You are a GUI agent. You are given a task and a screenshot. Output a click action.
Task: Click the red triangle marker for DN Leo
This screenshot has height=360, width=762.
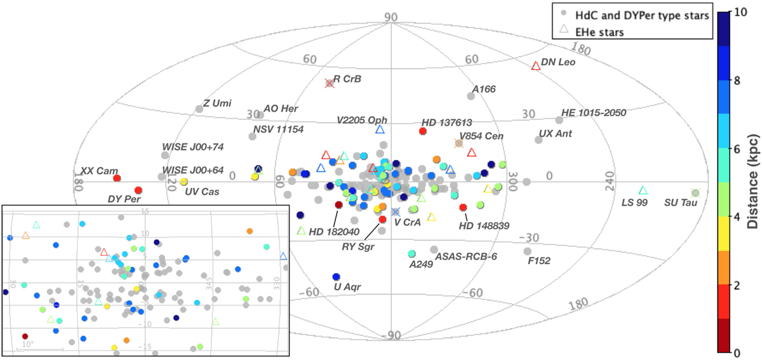click(x=536, y=65)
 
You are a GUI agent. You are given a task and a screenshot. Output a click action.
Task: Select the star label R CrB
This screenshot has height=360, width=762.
click(x=347, y=79)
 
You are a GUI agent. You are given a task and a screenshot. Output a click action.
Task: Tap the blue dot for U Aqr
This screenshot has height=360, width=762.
click(x=336, y=277)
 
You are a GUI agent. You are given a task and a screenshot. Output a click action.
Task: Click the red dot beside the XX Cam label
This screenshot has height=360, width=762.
click(x=117, y=178)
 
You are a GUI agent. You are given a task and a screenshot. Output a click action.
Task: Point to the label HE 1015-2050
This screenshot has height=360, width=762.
click(x=594, y=113)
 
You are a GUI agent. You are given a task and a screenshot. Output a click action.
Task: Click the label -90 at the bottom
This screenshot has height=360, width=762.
click(x=389, y=335)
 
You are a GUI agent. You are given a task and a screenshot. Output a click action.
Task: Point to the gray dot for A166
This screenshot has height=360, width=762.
click(x=471, y=96)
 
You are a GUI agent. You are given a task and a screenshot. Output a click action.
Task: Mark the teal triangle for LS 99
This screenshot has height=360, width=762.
click(x=643, y=190)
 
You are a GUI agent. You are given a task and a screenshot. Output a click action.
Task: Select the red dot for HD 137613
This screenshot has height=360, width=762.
click(x=423, y=131)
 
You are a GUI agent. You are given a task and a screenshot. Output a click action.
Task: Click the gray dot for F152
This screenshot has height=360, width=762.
click(x=527, y=251)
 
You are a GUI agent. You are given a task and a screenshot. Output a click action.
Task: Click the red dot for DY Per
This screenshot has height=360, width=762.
click(x=138, y=190)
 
